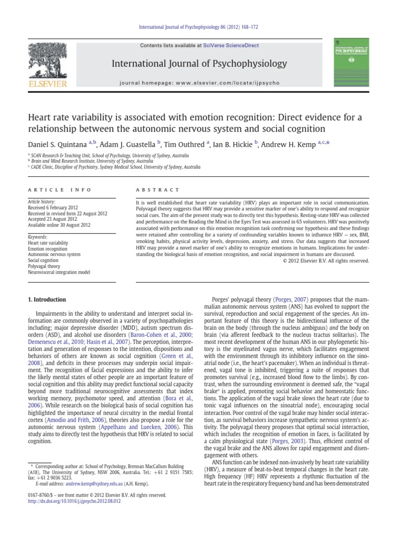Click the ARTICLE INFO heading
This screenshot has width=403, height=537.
tap(59, 189)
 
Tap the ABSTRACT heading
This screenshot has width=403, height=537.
tap(157, 189)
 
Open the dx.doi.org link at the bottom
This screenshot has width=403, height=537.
tap(73, 501)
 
